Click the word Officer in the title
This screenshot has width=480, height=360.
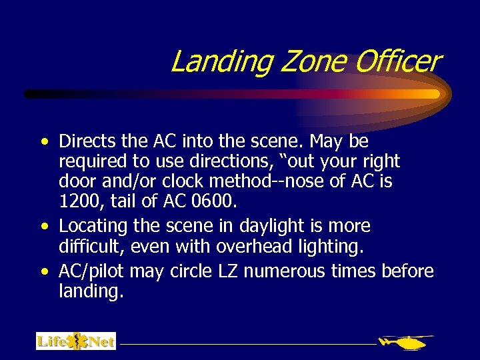pos(398,61)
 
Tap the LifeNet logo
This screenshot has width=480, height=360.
pos(76,341)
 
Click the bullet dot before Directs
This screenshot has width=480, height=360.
pos(44,143)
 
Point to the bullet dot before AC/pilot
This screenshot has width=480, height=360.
pos(44,272)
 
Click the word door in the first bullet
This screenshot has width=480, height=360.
pos(76,180)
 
